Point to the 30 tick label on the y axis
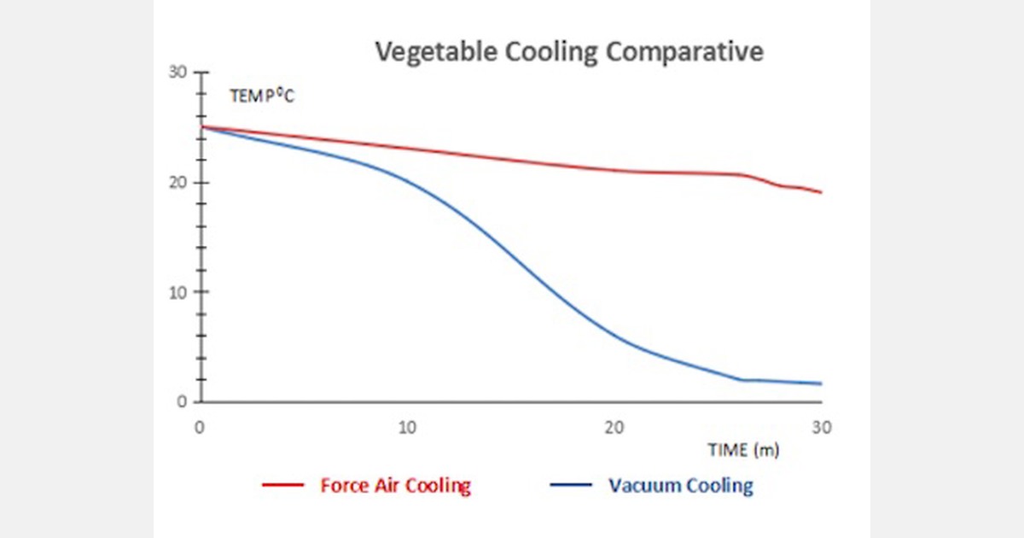[x=177, y=73]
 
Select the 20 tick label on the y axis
[x=177, y=183]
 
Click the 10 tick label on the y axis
[x=177, y=292]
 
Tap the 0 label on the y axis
[x=181, y=401]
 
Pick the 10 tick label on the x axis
[x=407, y=427]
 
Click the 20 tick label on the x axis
[x=614, y=427]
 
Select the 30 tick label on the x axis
[x=821, y=427]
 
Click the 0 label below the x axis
[x=200, y=427]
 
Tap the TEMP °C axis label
[x=261, y=96]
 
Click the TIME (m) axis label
[x=742, y=449]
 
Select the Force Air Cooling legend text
[x=395, y=486]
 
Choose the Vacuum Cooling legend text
[x=681, y=486]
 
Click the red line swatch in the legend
[x=282, y=486]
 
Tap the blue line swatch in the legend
[x=572, y=486]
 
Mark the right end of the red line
[x=821, y=192]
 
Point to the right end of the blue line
[x=821, y=383]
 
